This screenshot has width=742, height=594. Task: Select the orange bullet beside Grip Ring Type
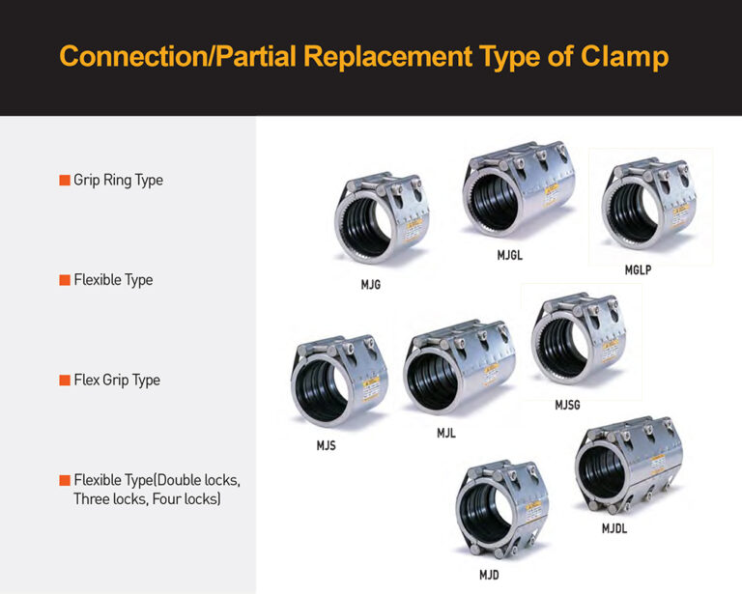(65, 180)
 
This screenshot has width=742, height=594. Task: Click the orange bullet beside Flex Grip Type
(65, 380)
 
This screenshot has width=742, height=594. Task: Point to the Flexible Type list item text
(113, 280)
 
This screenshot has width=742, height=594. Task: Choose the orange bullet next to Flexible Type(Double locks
(65, 480)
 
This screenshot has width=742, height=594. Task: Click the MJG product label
(370, 285)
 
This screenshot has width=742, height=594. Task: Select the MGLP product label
(638, 270)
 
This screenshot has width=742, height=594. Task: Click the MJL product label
(445, 434)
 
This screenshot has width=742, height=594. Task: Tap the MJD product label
(489, 575)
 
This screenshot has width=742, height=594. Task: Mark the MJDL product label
(614, 528)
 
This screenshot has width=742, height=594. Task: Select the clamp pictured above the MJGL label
(512, 193)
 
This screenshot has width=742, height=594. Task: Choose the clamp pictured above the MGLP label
(648, 206)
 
